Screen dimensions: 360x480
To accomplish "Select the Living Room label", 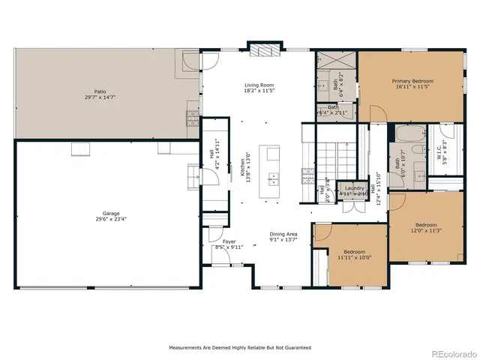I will point(258,85).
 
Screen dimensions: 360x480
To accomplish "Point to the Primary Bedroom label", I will point(412,80).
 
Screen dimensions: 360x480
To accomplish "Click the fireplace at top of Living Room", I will point(263,51).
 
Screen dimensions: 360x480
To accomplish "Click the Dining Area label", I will point(284,235).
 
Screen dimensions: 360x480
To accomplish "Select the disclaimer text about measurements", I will point(240,348).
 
